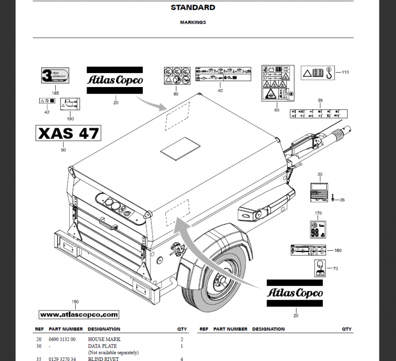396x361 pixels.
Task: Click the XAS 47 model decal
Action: (68, 133)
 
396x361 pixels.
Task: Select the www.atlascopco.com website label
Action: (79, 314)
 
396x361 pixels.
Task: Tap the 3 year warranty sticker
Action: (55, 76)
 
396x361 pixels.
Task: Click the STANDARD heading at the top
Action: (193, 8)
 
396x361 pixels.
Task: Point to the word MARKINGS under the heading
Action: (193, 23)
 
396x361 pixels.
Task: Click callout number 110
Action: (345, 72)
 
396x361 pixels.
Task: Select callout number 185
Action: (55, 93)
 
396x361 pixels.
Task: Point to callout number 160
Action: (338, 251)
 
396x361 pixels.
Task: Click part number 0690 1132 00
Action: (62, 339)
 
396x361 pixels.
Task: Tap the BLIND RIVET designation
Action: (104, 358)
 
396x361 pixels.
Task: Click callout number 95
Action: (320, 100)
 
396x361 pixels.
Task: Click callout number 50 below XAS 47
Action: (63, 150)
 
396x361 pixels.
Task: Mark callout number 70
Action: (335, 268)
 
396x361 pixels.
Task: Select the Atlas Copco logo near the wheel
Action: (295, 293)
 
